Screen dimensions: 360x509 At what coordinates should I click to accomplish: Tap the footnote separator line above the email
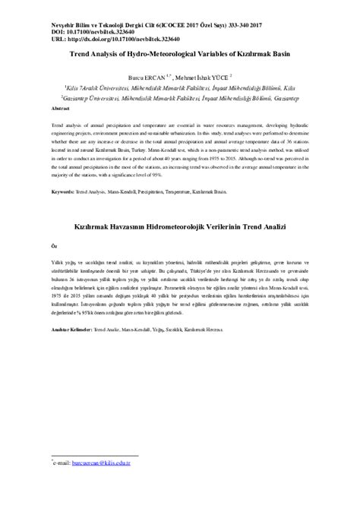point(84,454)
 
